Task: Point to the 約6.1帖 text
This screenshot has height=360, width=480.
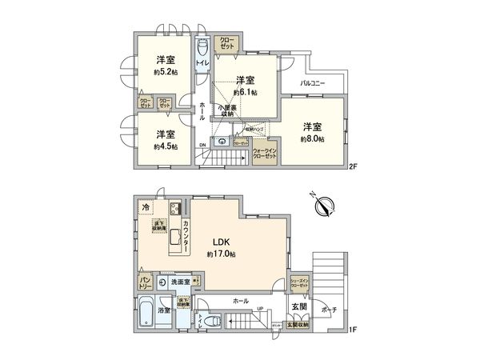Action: tap(245, 91)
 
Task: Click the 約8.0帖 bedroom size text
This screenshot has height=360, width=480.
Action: tap(312, 138)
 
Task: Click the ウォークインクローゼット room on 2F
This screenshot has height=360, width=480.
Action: tap(264, 154)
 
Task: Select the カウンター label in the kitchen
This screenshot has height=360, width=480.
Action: tap(186, 236)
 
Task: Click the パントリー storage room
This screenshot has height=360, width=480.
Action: tap(140, 282)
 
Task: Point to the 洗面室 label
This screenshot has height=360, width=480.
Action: tap(180, 282)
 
